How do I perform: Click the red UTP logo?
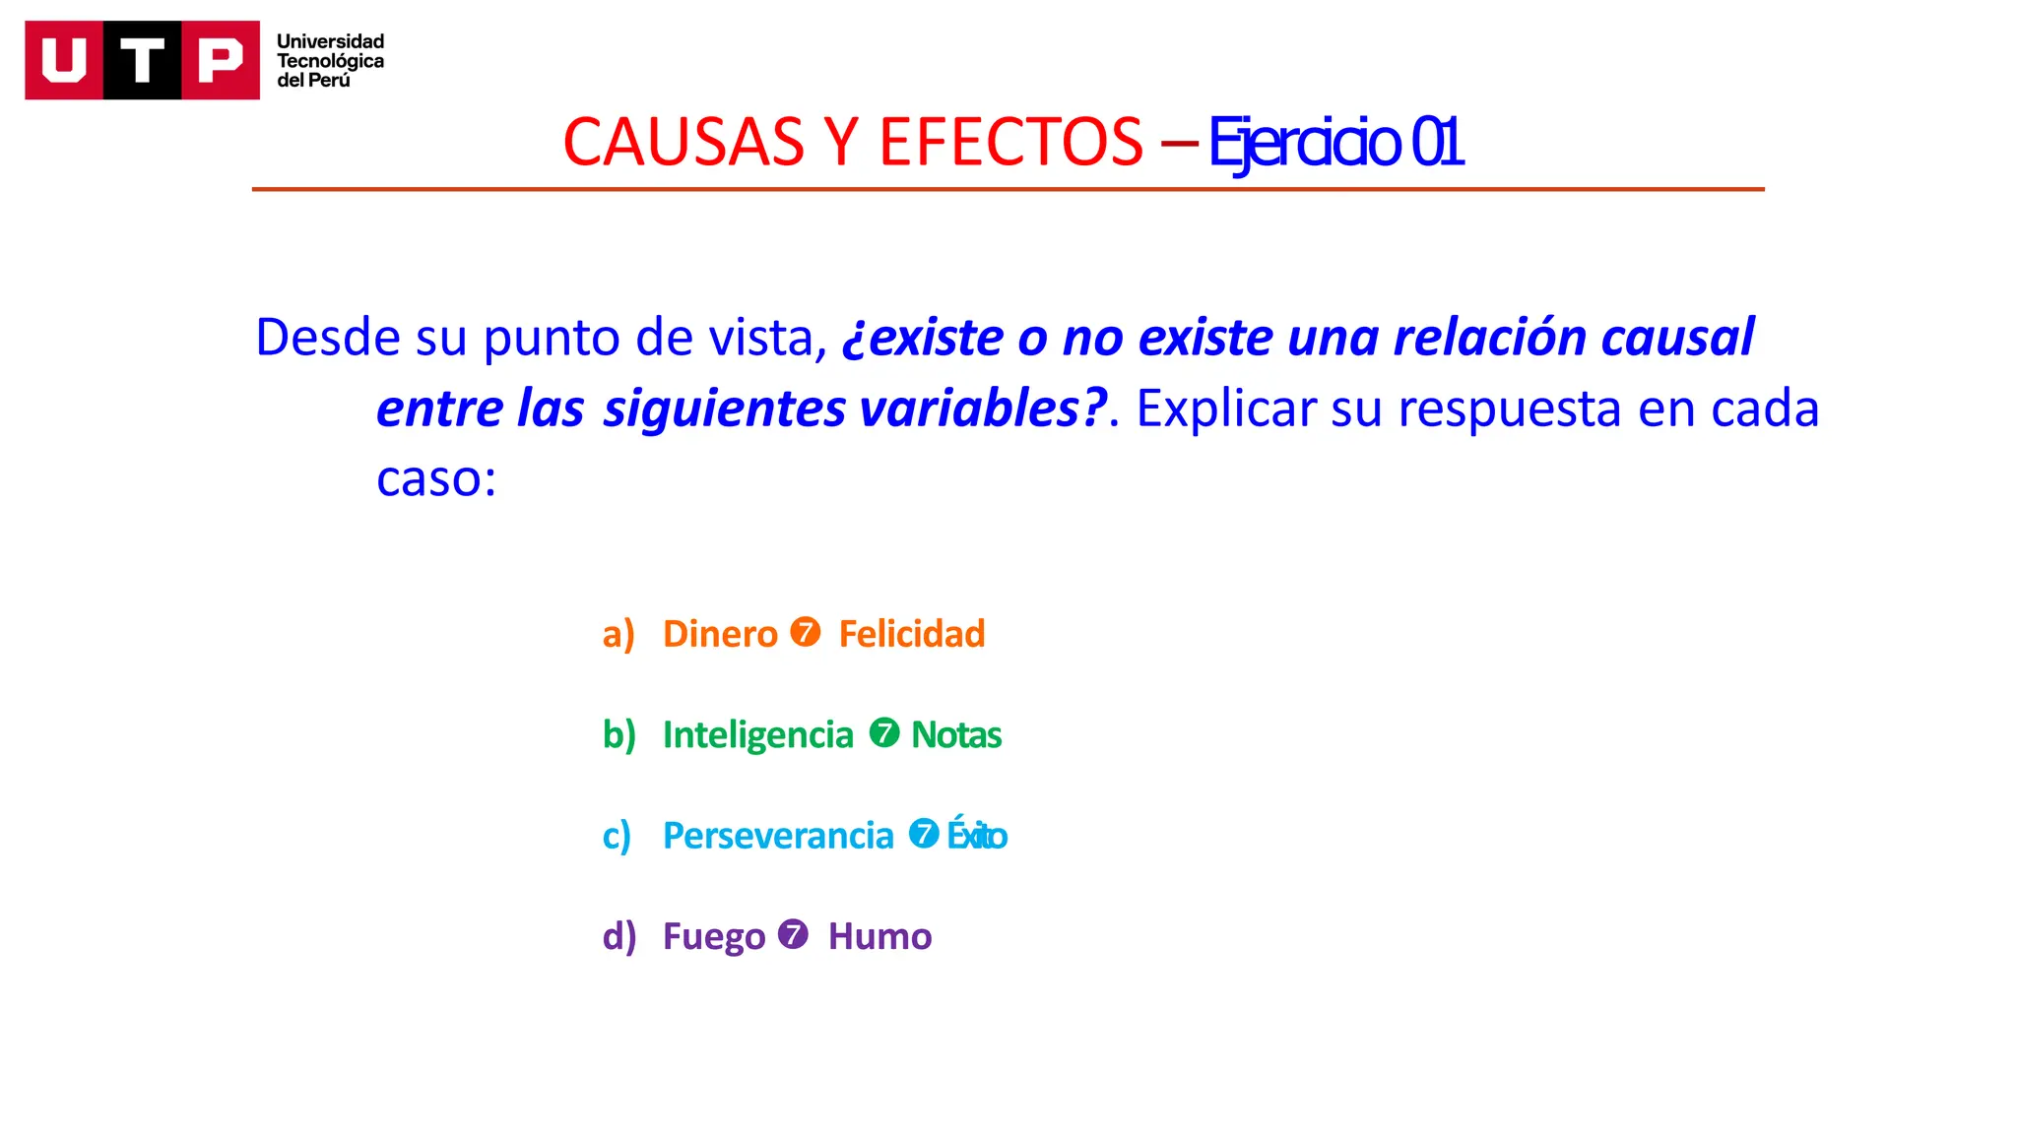(142, 60)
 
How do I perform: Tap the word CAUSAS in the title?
(683, 143)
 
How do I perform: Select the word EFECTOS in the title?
(1010, 143)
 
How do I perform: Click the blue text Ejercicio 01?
(1335, 143)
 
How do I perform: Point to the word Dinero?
(720, 634)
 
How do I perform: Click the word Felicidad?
(911, 634)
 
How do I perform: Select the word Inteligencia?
(757, 735)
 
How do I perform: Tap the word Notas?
(955, 735)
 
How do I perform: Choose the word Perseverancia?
(778, 836)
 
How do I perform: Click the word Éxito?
(976, 836)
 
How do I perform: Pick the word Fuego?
(713, 936)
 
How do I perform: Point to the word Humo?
(879, 936)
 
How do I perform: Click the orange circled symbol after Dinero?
(805, 632)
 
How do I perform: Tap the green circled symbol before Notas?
(883, 732)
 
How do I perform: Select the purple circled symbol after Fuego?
(793, 933)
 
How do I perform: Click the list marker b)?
(618, 735)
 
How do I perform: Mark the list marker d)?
(618, 936)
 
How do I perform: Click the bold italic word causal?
(1677, 338)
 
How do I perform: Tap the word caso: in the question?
(436, 479)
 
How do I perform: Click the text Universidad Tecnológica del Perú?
(330, 61)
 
